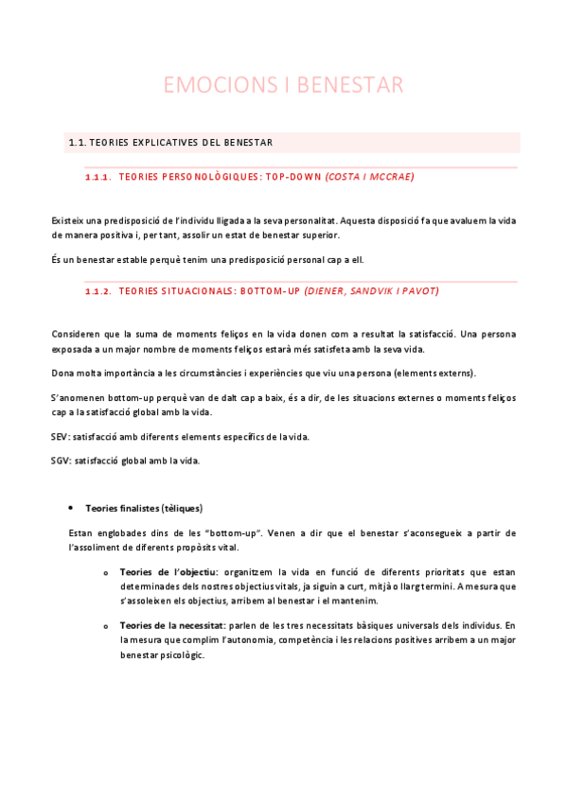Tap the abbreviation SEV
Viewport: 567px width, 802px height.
point(60,437)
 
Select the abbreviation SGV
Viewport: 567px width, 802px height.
point(60,461)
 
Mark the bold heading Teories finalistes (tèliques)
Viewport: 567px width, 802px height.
point(144,508)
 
